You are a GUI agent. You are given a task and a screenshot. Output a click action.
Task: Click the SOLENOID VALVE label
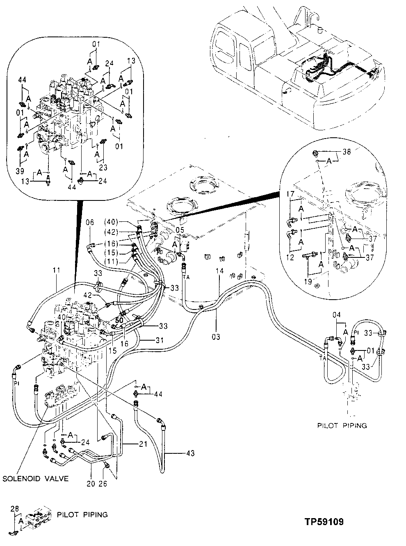[x=35, y=478]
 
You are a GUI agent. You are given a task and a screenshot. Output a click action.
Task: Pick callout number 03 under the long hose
[x=216, y=337]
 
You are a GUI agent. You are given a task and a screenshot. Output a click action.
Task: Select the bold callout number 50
[x=119, y=319]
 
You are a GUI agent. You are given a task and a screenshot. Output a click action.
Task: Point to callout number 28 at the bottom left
[x=15, y=509]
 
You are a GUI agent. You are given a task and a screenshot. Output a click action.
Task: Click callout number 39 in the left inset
[x=20, y=170]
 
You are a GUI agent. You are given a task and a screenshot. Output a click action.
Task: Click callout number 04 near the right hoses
[x=337, y=315]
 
